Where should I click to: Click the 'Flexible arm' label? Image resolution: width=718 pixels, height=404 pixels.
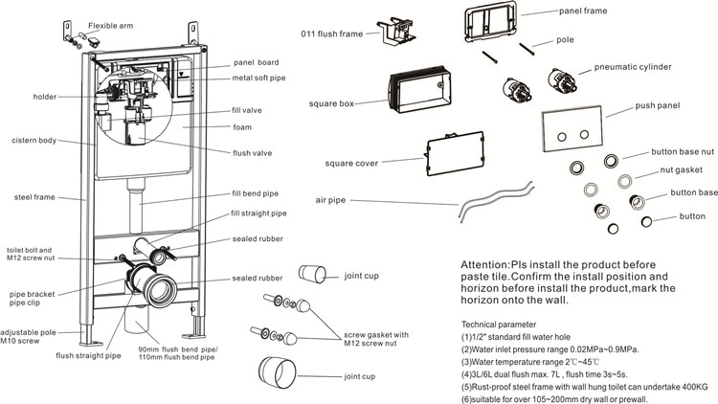coord(112,27)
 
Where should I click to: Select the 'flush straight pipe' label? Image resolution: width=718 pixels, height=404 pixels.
coord(89,355)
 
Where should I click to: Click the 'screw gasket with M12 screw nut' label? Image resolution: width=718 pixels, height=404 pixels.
coord(374,339)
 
